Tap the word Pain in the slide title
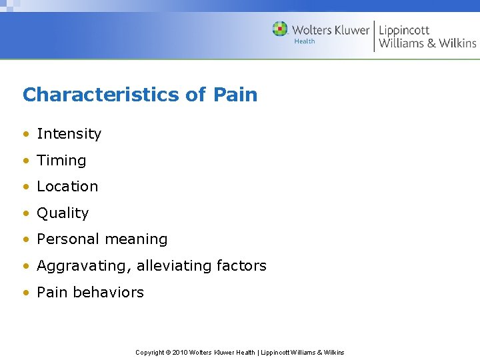(x=235, y=95)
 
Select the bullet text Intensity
(x=69, y=134)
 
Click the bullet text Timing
(x=61, y=161)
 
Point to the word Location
(x=67, y=187)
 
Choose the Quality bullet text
(x=63, y=213)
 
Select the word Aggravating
(x=84, y=266)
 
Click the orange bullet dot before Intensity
(x=26, y=134)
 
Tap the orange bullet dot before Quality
(x=26, y=213)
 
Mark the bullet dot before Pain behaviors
(x=26, y=293)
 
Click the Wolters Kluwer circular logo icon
(x=280, y=29)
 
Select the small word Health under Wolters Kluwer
(x=304, y=41)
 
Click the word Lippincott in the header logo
(x=404, y=30)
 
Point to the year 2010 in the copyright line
(x=180, y=353)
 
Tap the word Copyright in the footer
(x=150, y=353)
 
